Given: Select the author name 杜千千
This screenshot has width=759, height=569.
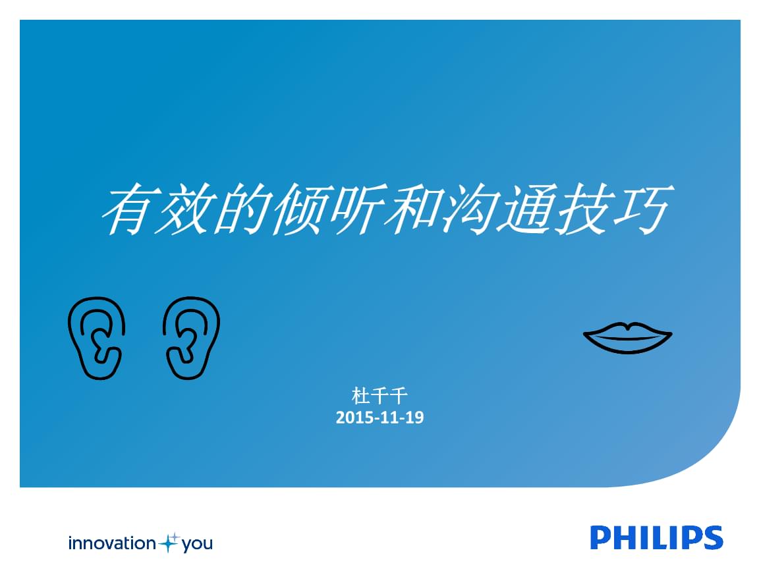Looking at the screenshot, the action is click(x=379, y=396).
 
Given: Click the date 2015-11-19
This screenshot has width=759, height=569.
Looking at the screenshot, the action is click(x=379, y=418).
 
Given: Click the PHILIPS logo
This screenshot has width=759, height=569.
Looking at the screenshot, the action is click(x=656, y=537).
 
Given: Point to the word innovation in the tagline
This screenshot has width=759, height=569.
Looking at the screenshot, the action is click(x=112, y=543).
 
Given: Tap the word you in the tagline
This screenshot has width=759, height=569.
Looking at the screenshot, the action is click(x=197, y=545).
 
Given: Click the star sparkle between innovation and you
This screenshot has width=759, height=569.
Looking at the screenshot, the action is click(x=169, y=543).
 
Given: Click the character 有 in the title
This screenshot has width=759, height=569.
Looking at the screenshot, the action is click(x=128, y=209).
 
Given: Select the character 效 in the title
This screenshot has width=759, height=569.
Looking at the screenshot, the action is click(x=184, y=209).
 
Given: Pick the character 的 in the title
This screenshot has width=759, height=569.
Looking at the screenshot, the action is click(x=242, y=209).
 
